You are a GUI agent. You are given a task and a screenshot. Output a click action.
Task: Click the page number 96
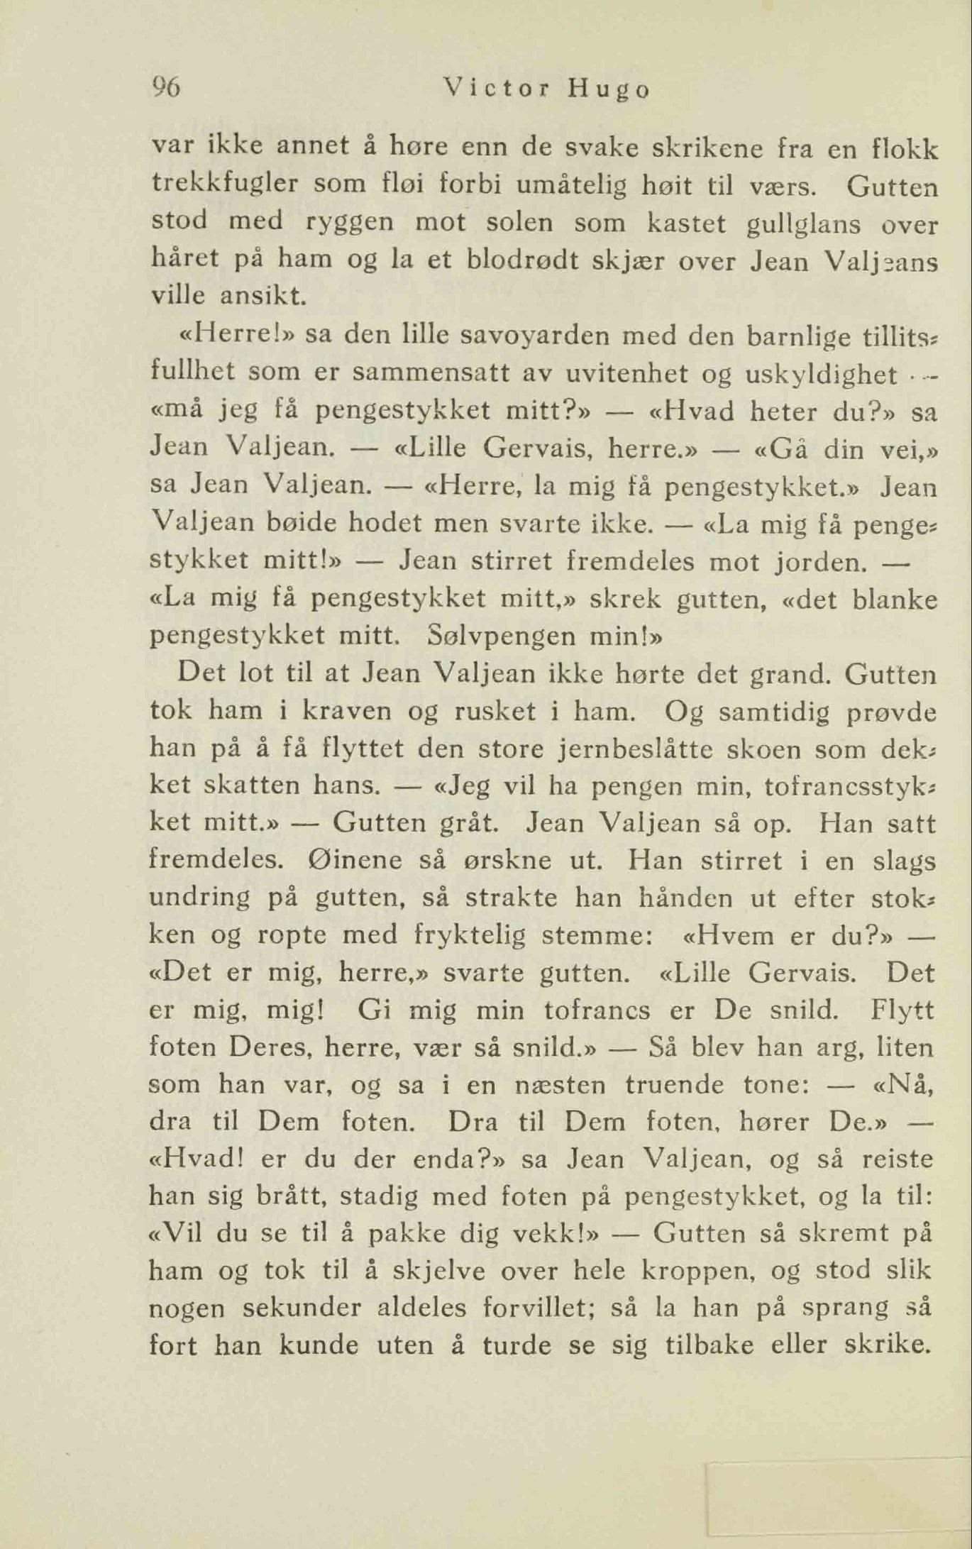point(167,88)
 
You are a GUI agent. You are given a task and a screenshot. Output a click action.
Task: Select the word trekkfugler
point(225,186)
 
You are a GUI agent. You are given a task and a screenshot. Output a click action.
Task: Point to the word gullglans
point(805,224)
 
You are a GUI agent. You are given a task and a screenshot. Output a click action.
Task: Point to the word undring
point(199,898)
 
